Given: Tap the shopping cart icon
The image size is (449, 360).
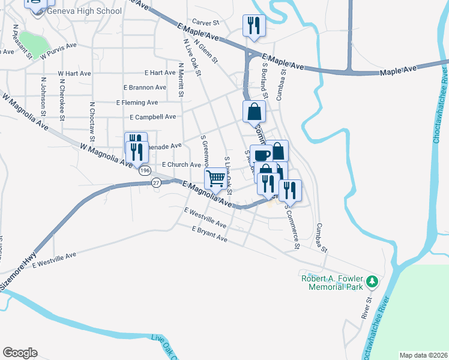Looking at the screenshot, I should coord(215,178).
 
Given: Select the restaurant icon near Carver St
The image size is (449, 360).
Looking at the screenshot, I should coord(253,25).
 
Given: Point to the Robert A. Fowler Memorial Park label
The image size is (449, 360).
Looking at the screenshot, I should coord(336,283).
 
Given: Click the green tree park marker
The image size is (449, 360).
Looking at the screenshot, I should coord(372,281).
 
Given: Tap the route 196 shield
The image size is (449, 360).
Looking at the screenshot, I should coord(145,170).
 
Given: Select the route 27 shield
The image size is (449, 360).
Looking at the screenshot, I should coord(156,182).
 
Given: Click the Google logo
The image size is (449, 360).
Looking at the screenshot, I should coord(20,353).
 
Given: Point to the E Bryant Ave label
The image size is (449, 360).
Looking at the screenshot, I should coord(209,234).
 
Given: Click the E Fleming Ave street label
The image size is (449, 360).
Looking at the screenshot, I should coord(141,103).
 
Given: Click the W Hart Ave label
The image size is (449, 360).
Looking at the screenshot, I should coord(74,73).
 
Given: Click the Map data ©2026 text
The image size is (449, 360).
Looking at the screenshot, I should coord(423,355).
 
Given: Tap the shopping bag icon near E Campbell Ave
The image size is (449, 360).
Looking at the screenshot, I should coord(255,111).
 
